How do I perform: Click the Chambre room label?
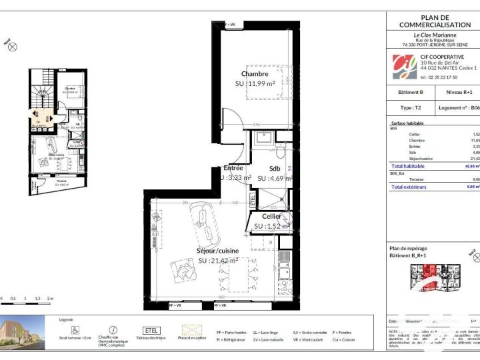click(x=255, y=74)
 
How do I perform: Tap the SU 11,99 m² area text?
click(x=255, y=85)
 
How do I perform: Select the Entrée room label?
click(x=233, y=169)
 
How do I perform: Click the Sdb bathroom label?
click(x=275, y=169)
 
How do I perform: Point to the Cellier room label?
click(x=271, y=217)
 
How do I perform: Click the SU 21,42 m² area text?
click(x=217, y=261)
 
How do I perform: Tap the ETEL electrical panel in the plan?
click(x=253, y=199)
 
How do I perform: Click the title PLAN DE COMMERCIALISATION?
click(x=435, y=21)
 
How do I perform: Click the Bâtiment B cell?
click(x=411, y=92)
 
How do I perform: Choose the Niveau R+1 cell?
click(x=459, y=92)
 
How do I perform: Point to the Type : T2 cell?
click(x=411, y=107)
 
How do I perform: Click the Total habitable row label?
click(x=408, y=165)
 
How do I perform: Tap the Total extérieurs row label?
click(x=409, y=187)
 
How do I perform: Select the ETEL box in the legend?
click(x=152, y=329)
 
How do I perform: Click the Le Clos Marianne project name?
click(x=435, y=35)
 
